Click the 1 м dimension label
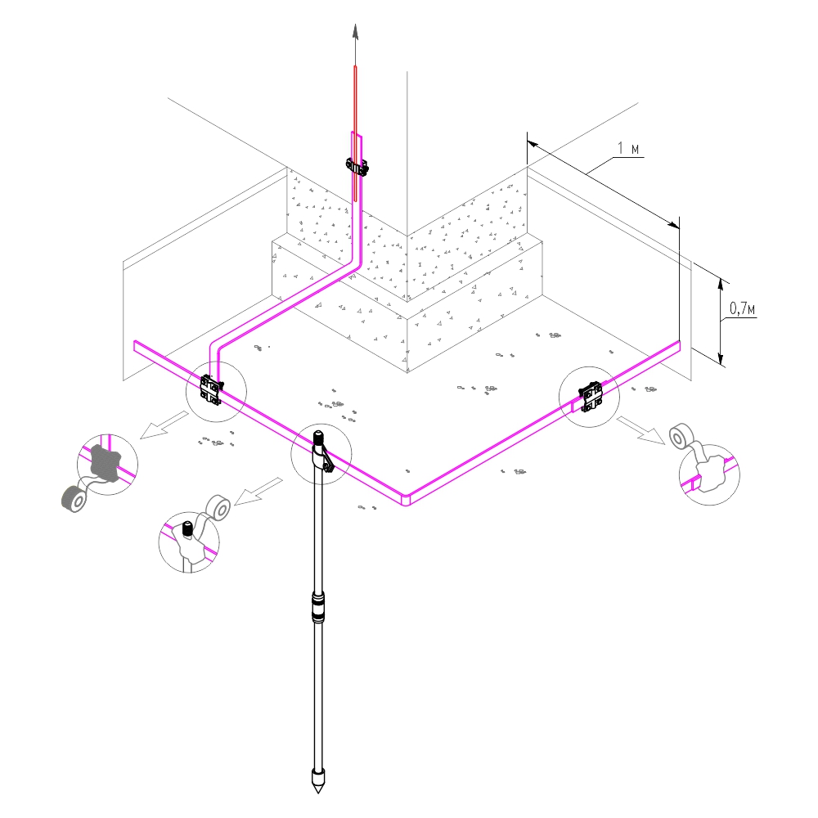coord(628,148)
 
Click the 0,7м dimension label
coord(742,308)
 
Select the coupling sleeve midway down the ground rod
coord(317,606)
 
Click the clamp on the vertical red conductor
coord(357,167)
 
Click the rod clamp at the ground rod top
coord(321,452)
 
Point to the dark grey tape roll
coord(75,499)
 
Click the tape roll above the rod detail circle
coord(218,508)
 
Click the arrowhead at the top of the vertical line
coord(355,32)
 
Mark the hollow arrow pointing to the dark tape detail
coord(164,425)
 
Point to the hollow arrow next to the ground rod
coord(258,491)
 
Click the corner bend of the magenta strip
coord(407,499)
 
